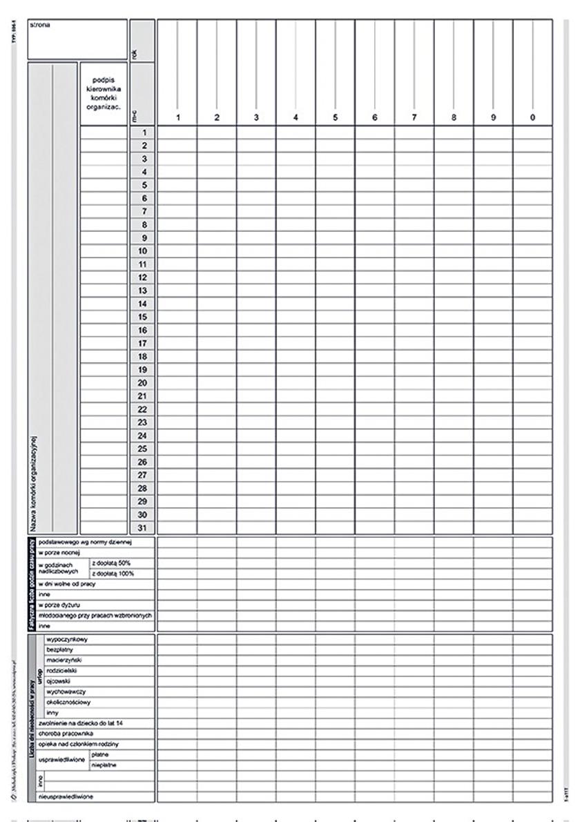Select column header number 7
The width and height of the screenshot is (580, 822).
414,118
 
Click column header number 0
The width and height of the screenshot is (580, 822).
532,118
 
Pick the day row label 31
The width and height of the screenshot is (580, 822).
144,528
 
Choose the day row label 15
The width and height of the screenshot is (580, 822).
144,317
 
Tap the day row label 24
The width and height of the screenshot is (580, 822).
144,436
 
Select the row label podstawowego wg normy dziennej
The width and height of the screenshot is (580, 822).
84,542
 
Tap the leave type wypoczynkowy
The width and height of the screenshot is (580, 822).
64,639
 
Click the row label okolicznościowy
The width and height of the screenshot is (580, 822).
68,701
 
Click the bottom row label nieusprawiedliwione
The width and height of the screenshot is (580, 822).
68,796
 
